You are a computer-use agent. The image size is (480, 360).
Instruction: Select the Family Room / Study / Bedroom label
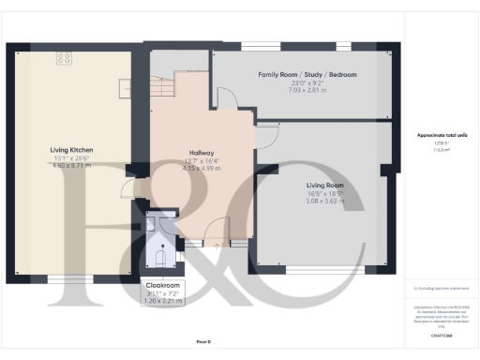pos(307,74)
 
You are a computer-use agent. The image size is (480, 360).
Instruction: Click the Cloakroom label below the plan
pos(164,284)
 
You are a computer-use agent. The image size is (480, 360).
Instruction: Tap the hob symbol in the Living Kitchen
pos(65,58)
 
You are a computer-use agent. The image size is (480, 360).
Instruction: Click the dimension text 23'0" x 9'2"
pos(307,82)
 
